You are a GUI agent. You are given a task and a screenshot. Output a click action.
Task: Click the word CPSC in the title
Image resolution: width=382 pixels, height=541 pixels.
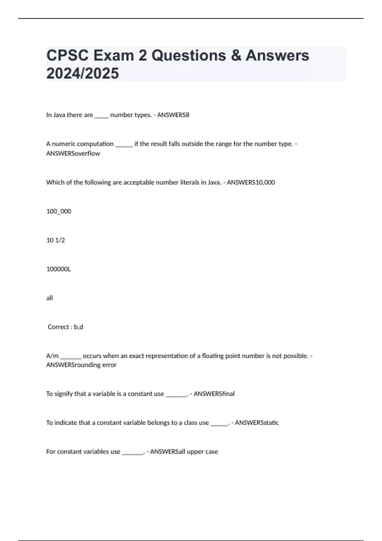67,55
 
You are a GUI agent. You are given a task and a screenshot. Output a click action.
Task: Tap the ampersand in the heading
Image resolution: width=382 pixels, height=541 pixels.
236,55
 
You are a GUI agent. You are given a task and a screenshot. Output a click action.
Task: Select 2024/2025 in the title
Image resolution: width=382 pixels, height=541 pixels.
82,73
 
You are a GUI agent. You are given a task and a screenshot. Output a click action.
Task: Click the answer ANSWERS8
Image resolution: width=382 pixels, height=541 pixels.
173,115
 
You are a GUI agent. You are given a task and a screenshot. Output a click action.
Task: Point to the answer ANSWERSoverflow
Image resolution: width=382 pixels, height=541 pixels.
73,153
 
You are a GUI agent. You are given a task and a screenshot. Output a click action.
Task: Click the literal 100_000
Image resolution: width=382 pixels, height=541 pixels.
59,211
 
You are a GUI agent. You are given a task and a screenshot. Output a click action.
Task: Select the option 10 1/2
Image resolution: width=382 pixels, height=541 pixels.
55,240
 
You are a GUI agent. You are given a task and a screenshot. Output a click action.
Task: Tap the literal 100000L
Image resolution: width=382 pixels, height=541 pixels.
59,269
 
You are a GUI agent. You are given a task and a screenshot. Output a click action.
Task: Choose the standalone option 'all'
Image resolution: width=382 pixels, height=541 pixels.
49,298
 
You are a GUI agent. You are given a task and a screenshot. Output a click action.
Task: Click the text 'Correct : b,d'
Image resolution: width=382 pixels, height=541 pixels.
65,327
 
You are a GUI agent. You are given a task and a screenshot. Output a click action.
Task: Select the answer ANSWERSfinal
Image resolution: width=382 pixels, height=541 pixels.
214,394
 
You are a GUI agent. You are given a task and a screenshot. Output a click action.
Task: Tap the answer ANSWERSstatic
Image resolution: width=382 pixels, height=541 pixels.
257,423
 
